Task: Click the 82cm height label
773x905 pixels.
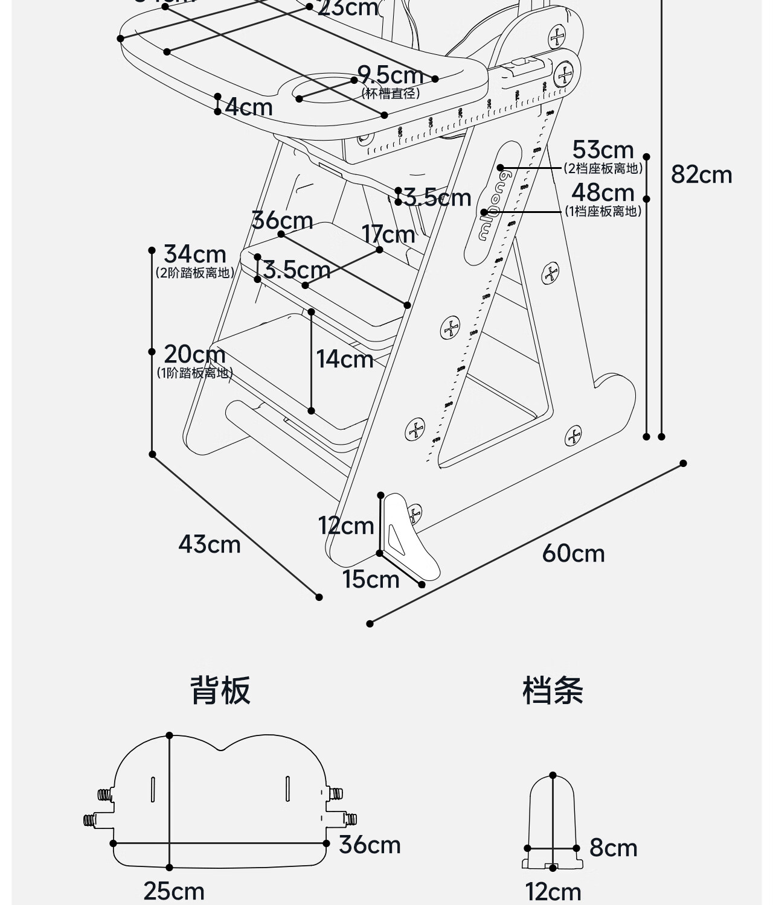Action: [701, 175]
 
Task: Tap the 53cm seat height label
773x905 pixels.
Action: [603, 150]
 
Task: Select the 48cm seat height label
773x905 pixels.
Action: [603, 193]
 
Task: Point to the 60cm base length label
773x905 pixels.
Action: [573, 553]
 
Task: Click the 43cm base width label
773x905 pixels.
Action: [209, 544]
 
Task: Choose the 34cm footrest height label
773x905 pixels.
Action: [194, 254]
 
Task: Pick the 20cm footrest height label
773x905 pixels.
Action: [194, 354]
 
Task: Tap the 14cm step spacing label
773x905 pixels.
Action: [345, 360]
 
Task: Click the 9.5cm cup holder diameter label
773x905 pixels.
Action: [390, 75]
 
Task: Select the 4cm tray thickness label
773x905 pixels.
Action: [249, 107]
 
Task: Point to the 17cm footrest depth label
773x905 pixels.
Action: [388, 234]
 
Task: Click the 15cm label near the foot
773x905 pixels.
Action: [371, 579]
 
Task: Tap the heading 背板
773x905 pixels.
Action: [220, 690]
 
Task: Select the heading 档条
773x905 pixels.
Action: [553, 690]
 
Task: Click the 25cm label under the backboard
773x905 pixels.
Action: [174, 891]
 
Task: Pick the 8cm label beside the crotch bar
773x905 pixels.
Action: [613, 848]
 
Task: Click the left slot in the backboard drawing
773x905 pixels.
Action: [153, 789]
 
